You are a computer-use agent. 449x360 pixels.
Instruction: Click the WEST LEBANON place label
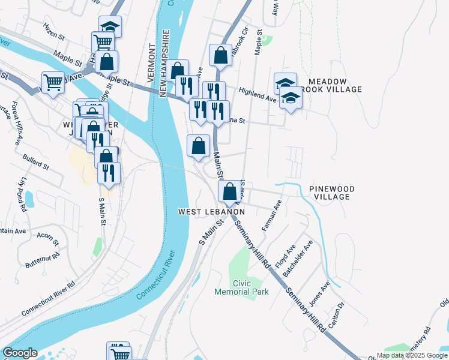(211, 212)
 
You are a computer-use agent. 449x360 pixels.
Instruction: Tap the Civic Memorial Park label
(242, 287)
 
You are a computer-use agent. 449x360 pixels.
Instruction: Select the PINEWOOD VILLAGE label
(331, 193)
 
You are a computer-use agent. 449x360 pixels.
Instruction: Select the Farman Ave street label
(272, 217)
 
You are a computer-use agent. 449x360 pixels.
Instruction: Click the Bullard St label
(35, 161)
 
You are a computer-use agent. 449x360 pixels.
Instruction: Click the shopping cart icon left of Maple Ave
(53, 83)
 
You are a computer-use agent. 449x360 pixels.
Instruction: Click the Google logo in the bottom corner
(19, 353)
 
